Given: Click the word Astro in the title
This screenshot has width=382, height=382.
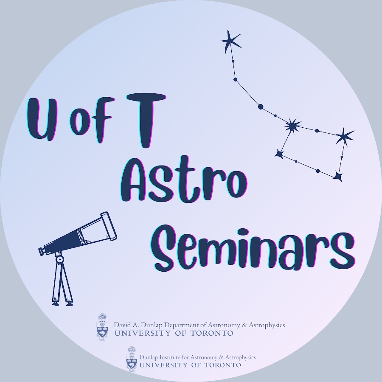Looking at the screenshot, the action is click(184, 179).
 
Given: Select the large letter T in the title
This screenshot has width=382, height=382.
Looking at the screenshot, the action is click(146, 121).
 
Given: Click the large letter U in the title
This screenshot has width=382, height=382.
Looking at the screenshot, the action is click(42, 119).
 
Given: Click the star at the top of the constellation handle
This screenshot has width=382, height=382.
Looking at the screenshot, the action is click(231, 41).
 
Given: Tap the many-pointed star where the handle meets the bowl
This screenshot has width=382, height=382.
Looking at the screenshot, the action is click(292, 126).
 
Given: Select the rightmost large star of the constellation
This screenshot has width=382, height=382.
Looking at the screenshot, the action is click(345, 137).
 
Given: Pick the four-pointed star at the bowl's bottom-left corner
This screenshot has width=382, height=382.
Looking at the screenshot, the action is click(279, 154).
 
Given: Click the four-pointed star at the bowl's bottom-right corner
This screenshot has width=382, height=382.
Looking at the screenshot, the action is click(338, 176).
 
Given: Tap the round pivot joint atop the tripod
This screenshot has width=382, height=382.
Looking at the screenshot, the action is click(59, 259).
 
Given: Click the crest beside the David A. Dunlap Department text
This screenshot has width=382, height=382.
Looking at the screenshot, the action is click(102, 327).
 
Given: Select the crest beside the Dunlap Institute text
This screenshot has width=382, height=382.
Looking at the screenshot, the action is click(132, 359).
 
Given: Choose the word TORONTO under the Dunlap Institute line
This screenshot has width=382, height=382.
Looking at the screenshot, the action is click(223, 365).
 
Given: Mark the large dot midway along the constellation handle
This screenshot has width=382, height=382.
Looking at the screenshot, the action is click(261, 107).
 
